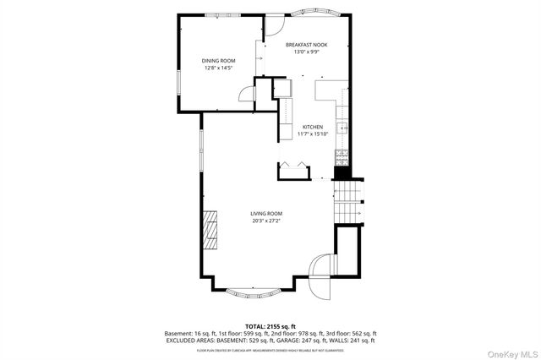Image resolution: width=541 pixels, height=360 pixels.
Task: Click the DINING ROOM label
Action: click(218, 61)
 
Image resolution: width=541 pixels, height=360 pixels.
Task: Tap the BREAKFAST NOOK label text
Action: click(306, 44)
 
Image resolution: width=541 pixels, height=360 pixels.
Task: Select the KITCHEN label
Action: click(313, 127)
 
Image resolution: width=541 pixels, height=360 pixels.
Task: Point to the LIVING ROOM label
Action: click(265, 214)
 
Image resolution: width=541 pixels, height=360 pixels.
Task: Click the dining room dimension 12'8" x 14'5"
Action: click(218, 68)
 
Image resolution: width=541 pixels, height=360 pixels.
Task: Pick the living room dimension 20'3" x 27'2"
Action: click(265, 221)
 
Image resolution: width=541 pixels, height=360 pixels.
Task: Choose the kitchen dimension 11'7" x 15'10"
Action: click(312, 134)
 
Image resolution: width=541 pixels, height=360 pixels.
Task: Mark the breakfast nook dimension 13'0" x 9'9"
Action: click(306, 52)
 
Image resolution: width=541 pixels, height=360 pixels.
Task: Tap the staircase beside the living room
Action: click(347, 202)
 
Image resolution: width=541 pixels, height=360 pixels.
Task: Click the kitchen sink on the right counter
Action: click(342, 128)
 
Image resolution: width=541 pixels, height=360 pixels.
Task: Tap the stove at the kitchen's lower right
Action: click(342, 156)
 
